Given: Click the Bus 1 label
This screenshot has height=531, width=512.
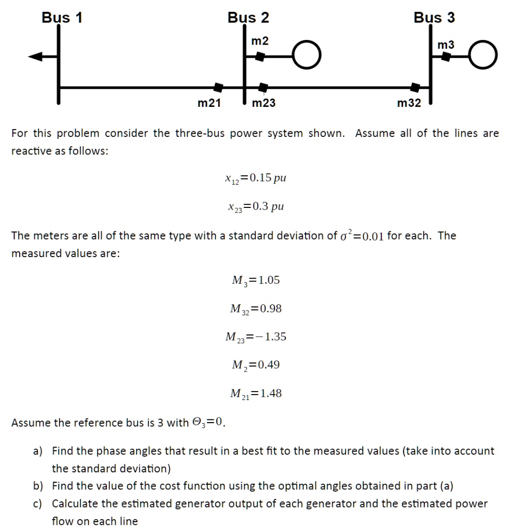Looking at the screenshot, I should (62, 18).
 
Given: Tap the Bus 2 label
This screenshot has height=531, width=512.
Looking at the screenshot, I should (248, 18).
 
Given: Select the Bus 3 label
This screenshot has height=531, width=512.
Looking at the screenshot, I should (434, 18).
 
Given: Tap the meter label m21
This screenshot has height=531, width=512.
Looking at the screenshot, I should (209, 103).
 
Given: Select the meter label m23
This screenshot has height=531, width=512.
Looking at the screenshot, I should (264, 103).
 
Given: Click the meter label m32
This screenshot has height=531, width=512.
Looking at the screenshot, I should (409, 103).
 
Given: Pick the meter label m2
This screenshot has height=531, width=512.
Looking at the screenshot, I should (260, 41).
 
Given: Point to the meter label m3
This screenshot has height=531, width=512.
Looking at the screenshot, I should (446, 45).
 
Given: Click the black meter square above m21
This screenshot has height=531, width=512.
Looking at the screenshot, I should (219, 87).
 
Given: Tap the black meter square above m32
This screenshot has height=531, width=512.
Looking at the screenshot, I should (416, 87).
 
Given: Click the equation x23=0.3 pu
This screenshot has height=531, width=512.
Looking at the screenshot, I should (255, 207).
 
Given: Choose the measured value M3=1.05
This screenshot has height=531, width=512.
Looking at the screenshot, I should (256, 281).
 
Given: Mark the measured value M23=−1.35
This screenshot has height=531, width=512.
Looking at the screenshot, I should (256, 337).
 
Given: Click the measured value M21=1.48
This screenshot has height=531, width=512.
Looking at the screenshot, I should (256, 394).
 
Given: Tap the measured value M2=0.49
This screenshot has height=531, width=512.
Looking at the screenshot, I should (256, 365).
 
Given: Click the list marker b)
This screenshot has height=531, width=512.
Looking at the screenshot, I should (38, 486).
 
